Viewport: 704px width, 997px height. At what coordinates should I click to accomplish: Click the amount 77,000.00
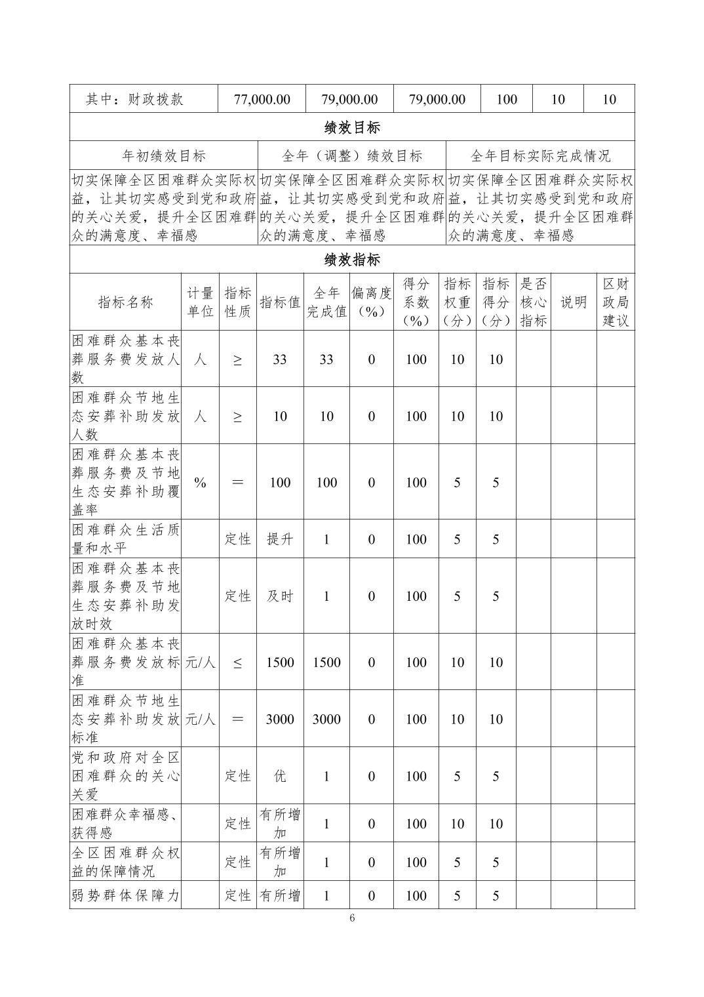tap(262, 99)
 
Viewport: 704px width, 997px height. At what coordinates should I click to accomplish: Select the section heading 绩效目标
tap(352, 127)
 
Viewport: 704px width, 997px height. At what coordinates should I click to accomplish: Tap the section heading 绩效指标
tap(352, 260)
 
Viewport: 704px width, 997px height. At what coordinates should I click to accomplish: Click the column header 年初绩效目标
tap(164, 155)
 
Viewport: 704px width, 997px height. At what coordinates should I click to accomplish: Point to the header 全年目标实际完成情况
tap(540, 155)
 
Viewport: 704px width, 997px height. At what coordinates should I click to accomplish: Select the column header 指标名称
tap(125, 302)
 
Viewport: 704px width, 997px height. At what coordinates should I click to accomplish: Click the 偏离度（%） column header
tap(371, 302)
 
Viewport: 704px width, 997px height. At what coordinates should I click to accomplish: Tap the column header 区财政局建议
tap(615, 302)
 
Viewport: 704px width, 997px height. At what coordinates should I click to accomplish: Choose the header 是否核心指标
tap(533, 302)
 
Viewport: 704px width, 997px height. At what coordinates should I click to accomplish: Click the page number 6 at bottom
tap(352, 918)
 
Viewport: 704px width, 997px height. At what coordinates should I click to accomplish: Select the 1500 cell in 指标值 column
tap(280, 662)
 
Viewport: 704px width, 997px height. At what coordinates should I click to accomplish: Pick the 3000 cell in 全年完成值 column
tap(326, 719)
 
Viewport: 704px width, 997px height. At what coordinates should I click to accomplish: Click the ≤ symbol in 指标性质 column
tap(237, 662)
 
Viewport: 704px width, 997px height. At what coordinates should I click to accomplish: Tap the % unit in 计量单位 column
tap(200, 482)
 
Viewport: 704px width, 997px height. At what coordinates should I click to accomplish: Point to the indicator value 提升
tap(280, 539)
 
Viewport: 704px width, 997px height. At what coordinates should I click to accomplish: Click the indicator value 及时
tap(280, 596)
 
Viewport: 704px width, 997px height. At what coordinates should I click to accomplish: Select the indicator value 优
tap(280, 776)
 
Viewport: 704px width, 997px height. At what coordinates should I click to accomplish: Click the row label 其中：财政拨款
tap(134, 99)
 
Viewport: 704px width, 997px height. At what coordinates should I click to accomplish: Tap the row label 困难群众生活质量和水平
tap(125, 539)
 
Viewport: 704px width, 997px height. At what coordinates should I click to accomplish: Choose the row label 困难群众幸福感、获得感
tap(125, 824)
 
